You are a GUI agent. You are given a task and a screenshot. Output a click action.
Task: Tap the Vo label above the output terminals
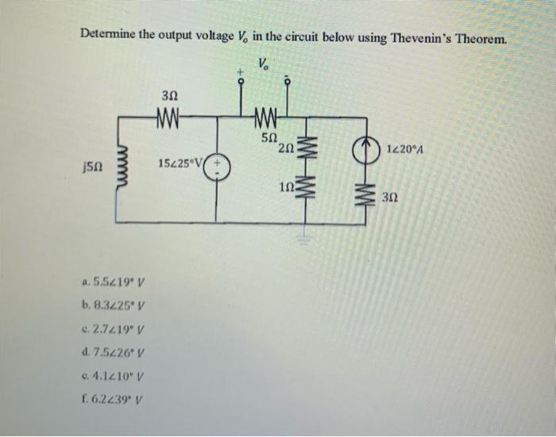pos(263,63)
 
